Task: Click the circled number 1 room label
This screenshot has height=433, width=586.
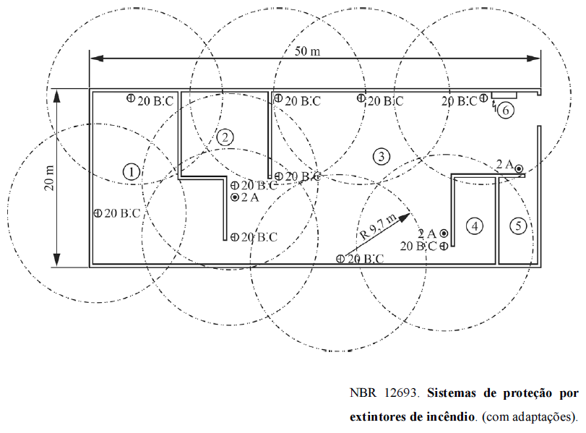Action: click(131, 171)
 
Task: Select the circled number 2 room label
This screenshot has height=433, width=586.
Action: click(225, 137)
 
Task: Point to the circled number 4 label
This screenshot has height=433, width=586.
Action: click(474, 226)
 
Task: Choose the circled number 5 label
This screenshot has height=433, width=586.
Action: click(517, 226)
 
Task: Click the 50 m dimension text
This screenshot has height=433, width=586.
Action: click(308, 51)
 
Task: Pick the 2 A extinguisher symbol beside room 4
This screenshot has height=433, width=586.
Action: click(443, 233)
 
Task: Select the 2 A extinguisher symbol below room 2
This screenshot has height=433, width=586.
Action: click(235, 197)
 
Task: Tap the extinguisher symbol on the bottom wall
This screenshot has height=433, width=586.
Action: click(340, 258)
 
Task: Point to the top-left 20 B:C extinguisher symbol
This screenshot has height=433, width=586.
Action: click(131, 98)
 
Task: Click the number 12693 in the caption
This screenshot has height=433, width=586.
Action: click(397, 394)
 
